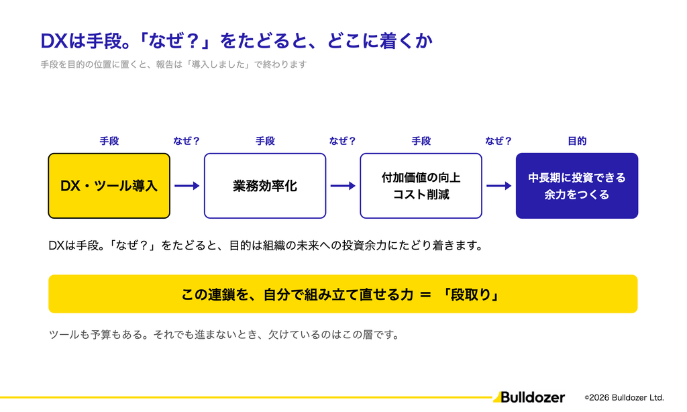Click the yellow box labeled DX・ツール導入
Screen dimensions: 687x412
[x=109, y=186]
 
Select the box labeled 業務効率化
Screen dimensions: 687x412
[x=265, y=186]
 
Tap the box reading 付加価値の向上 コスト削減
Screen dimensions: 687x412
[x=421, y=186]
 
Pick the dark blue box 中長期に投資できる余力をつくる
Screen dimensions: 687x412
[x=577, y=186]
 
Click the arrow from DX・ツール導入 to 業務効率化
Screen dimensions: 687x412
[x=187, y=186]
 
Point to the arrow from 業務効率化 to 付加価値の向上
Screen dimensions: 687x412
[x=343, y=186]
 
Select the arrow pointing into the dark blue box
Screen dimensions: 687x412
[x=499, y=186]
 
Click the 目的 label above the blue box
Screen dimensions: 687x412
[x=577, y=141]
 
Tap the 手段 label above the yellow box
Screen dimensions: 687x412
[x=109, y=141]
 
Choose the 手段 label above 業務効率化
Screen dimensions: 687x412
[x=265, y=141]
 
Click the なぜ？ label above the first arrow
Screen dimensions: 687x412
[x=187, y=141]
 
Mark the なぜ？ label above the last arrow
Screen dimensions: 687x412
[x=498, y=141]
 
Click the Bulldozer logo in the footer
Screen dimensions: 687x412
[x=529, y=397]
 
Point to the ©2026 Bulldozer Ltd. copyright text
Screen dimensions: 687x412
[x=625, y=397]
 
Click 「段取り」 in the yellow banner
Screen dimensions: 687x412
[x=471, y=295]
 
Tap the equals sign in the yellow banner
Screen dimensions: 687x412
[x=425, y=295]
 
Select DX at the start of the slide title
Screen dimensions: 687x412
[x=54, y=41]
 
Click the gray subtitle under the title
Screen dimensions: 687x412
[x=174, y=64]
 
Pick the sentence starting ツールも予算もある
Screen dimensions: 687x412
[x=224, y=335]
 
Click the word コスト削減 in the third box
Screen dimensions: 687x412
[x=421, y=195]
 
